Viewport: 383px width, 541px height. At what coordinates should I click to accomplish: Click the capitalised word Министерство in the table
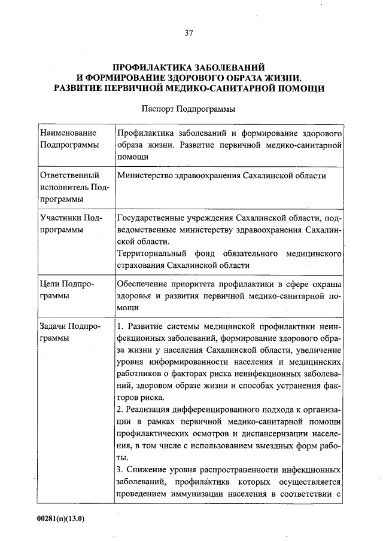coord(145,176)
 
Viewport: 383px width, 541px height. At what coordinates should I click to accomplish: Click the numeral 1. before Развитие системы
coord(120,327)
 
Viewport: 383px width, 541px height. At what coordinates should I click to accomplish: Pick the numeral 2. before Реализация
coord(120,410)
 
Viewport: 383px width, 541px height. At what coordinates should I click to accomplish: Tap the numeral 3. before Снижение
coord(120,470)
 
